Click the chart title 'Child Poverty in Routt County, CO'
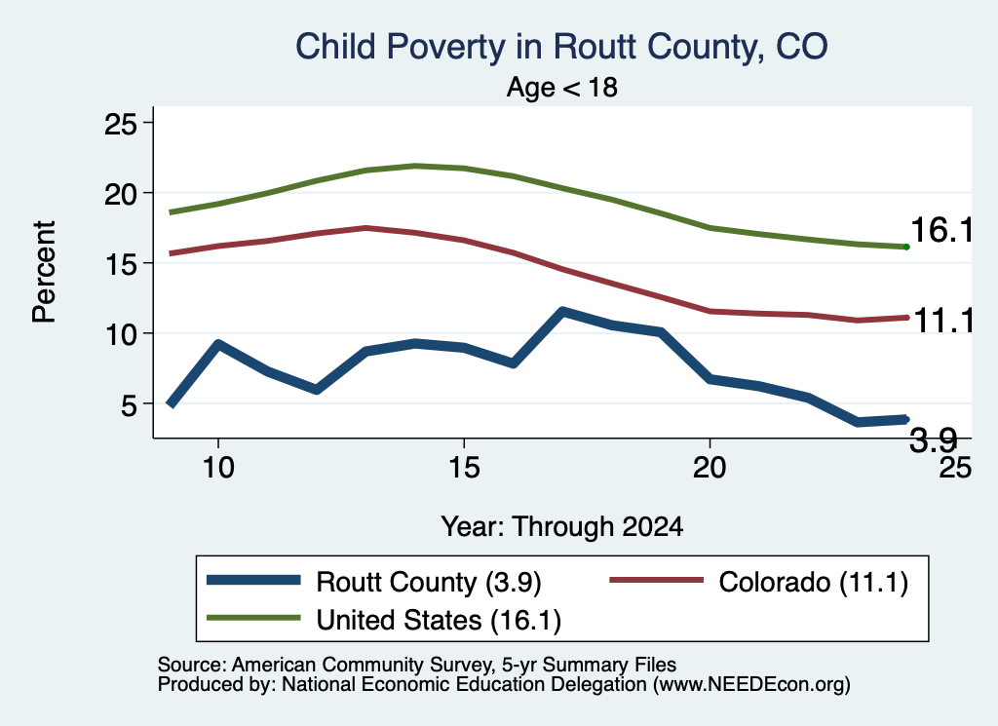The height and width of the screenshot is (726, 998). [x=561, y=47]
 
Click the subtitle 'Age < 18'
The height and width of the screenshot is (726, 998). [x=562, y=87]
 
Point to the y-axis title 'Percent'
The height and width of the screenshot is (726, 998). [x=44, y=272]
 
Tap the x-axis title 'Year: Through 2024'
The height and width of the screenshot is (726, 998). [x=562, y=527]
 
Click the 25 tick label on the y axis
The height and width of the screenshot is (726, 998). [x=120, y=124]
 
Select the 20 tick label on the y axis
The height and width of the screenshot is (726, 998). [x=120, y=193]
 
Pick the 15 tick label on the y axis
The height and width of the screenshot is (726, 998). [x=120, y=263]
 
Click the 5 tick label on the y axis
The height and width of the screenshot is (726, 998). [x=129, y=404]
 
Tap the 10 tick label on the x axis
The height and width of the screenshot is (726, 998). [x=218, y=468]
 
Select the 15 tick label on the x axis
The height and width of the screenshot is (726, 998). [x=464, y=468]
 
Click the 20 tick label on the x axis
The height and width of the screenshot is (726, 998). [x=710, y=468]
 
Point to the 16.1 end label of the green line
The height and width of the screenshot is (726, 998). [x=942, y=230]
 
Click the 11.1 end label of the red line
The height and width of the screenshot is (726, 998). [x=943, y=320]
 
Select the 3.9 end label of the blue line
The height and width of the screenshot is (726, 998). [x=933, y=439]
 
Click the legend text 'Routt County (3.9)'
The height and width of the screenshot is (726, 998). [x=429, y=582]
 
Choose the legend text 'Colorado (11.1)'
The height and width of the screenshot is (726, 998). [x=814, y=582]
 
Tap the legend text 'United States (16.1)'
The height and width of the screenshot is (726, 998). [x=439, y=621]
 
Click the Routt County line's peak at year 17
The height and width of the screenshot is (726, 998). [x=562, y=311]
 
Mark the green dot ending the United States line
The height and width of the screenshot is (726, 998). [x=906, y=247]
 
